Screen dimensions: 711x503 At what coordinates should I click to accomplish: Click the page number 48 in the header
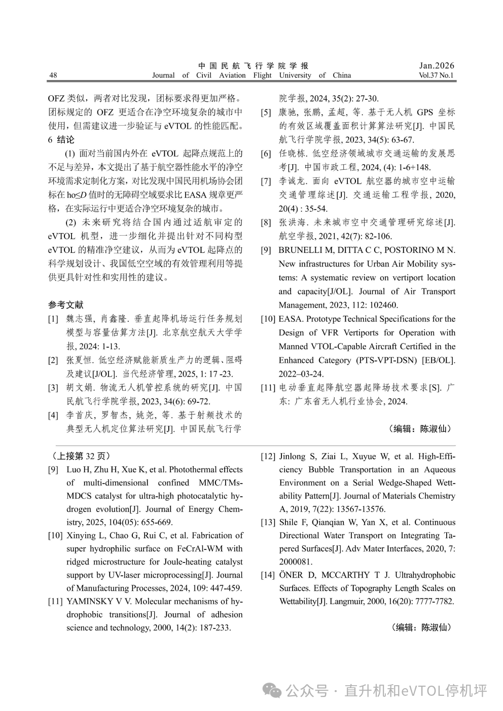[x=53, y=76]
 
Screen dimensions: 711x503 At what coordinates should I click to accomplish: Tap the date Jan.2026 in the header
[x=437, y=65]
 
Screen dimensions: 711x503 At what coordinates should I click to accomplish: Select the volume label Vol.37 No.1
[x=436, y=76]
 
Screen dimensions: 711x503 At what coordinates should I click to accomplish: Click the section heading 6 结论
[x=61, y=139]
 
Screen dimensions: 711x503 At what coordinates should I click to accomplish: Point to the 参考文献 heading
[x=66, y=305]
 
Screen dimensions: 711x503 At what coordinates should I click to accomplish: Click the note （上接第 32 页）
[x=81, y=456]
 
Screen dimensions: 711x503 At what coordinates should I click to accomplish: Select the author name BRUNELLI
[x=301, y=250]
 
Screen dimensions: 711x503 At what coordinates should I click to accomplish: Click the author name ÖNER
[x=291, y=575]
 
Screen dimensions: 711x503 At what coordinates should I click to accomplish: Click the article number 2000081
[x=296, y=562]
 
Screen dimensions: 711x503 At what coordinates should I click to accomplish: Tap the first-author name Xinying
[x=81, y=536]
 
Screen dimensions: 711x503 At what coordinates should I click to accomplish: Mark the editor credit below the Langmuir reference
[x=421, y=627]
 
